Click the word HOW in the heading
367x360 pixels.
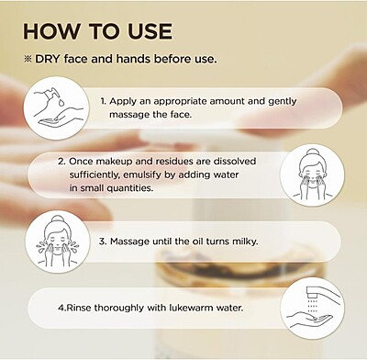51,31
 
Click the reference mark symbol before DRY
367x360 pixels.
28,59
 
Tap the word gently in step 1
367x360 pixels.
283,101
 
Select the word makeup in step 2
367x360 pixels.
114,162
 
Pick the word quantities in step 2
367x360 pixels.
130,188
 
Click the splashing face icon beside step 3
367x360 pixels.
58,242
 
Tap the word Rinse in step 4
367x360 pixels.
79,308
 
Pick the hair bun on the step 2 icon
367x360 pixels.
312,152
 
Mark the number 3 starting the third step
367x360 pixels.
103,242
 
